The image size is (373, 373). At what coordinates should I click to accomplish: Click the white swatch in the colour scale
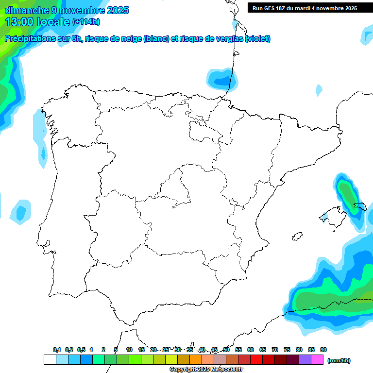tap(50, 359)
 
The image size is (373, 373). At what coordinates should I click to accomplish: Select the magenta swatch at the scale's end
tap(317, 359)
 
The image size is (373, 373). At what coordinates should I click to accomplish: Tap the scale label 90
tap(323, 350)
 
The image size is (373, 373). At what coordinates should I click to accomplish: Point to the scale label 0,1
tap(57, 350)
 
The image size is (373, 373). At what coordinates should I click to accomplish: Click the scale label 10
tap(129, 350)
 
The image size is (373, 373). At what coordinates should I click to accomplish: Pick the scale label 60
tap(251, 350)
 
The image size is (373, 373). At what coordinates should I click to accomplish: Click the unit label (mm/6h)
tap(339, 360)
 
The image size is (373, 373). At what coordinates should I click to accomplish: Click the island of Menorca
tap(360, 206)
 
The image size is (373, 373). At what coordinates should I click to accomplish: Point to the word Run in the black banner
tap(258, 8)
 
